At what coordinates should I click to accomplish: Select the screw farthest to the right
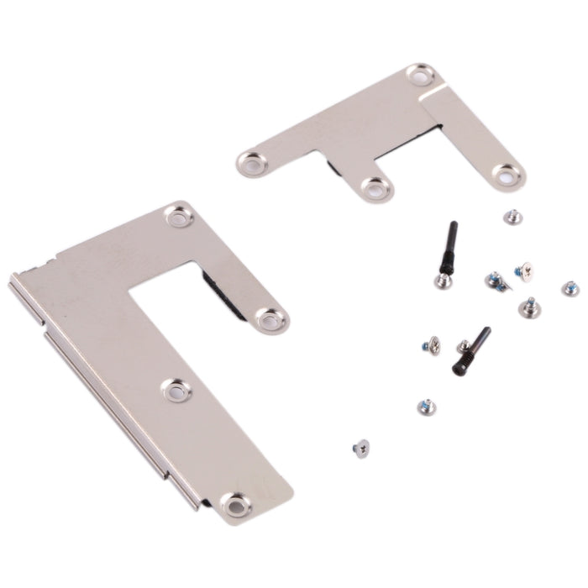570,288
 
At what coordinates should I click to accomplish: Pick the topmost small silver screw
513,218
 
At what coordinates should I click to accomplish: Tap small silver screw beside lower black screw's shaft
464,346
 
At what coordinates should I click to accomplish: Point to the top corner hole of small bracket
419,75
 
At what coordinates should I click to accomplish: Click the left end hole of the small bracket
249,162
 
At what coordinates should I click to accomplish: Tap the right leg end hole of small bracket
507,175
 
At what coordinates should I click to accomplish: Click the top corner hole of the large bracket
179,217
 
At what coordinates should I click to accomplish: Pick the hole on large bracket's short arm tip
270,319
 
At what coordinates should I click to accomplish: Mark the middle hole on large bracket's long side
176,389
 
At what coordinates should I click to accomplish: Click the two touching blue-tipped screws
496,281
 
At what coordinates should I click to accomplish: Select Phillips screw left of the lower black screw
432,344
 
